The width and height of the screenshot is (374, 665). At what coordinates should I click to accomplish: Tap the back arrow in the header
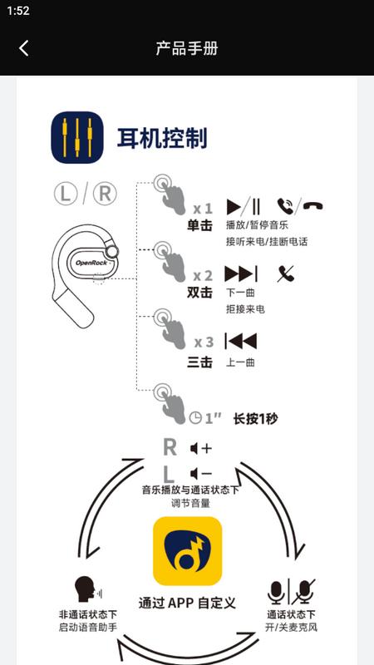pos(23,48)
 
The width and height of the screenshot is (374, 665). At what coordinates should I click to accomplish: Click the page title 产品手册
pos(187,48)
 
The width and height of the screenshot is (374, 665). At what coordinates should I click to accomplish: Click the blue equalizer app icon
pos(77,137)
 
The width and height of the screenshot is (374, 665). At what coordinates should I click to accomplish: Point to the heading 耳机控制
pos(162,137)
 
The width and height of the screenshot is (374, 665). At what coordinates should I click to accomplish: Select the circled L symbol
pos(66,194)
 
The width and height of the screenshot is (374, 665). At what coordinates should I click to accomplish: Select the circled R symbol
pos(104,194)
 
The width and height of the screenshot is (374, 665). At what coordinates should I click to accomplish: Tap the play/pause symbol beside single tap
pos(244,206)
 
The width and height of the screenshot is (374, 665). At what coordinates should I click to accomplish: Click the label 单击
pos(199,225)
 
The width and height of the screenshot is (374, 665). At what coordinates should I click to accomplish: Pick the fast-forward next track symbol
pos(241,273)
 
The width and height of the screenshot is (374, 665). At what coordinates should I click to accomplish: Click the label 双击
pos(199,293)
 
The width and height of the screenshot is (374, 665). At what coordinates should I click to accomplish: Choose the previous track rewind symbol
pos(241,341)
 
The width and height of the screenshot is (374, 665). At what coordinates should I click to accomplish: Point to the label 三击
pos(199,362)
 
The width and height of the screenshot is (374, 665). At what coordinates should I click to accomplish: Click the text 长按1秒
pos(255,418)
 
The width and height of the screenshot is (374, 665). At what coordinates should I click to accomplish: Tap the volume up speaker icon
pos(200,448)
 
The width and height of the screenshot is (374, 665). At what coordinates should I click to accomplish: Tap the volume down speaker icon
pos(200,474)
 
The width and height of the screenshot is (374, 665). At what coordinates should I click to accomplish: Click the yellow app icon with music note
pos(187,551)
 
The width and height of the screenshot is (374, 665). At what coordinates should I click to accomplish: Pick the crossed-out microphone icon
pos(305,591)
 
